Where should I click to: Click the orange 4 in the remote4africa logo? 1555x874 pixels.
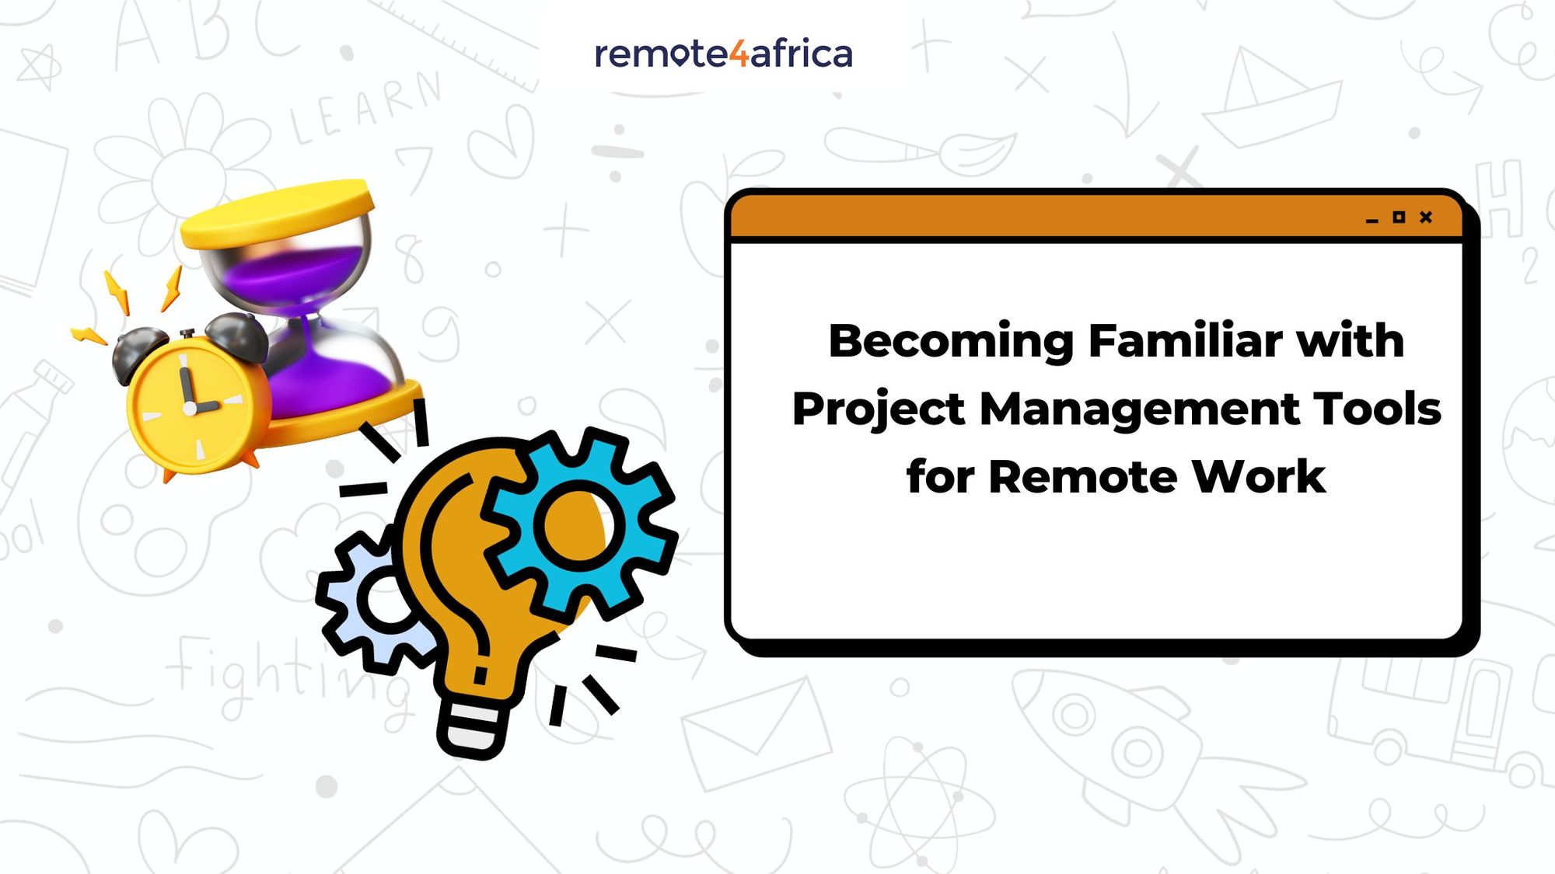click(739, 54)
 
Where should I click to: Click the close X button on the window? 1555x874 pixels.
click(1425, 218)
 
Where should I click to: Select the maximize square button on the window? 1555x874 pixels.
click(1399, 218)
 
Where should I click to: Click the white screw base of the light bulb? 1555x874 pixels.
click(474, 726)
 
